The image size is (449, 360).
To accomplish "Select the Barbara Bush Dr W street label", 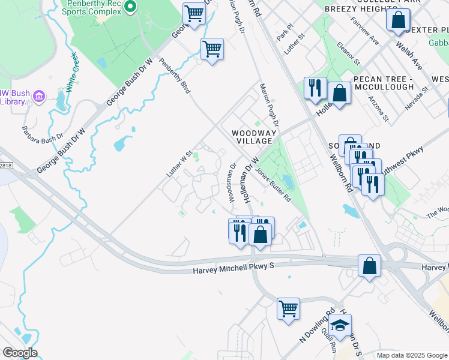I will (x=43, y=140).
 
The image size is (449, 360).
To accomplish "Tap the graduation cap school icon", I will (x=341, y=325).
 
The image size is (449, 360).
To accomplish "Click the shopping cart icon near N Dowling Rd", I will (x=288, y=308).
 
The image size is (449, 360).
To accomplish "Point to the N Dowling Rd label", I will (x=316, y=327).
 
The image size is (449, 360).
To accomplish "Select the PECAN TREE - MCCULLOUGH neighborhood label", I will (x=384, y=83).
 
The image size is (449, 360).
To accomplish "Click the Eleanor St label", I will (x=348, y=53).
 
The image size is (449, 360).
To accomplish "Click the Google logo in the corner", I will (x=20, y=353).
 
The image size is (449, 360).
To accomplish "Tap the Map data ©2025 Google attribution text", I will (x=411, y=355).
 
